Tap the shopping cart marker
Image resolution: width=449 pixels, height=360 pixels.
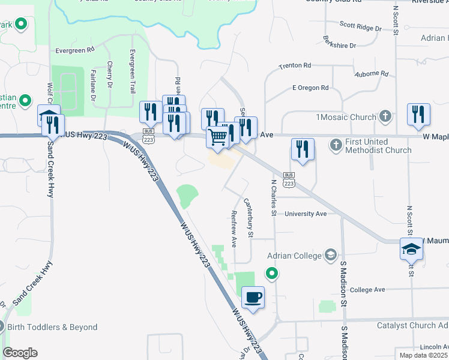pos(217,137)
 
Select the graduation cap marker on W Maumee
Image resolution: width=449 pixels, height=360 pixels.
pos(412,250)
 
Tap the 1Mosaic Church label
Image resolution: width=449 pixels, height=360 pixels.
pos(345,116)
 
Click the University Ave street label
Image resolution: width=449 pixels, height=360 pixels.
pos(306,214)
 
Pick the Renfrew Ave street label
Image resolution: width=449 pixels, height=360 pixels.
pos(234,229)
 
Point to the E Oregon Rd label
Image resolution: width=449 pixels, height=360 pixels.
pos(310,88)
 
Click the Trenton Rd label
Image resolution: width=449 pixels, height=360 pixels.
pos(295,65)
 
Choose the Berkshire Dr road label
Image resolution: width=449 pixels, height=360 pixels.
pos(339,45)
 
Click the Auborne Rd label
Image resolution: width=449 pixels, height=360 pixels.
pos(371,74)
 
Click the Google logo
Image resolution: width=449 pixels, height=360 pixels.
pos(20,353)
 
